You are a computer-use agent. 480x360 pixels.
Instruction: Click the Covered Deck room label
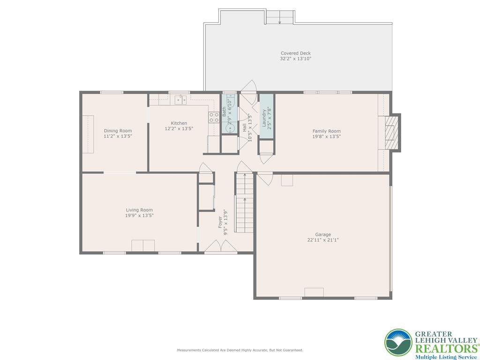[295, 53]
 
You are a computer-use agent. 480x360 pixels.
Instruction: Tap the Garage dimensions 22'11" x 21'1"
[323, 240]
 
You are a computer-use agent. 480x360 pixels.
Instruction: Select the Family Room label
[327, 131]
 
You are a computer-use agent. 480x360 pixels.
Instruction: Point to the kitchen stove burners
[214, 117]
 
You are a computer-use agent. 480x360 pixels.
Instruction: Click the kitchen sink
[180, 99]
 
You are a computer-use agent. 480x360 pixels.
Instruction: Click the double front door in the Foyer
[221, 247]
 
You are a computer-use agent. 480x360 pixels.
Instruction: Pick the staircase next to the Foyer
[244, 202]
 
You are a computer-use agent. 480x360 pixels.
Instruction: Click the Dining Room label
[118, 131]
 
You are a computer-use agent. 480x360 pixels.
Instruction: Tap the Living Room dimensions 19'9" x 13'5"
[139, 216]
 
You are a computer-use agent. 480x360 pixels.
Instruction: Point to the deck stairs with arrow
[280, 17]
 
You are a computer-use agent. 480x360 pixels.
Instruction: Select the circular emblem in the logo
[398, 343]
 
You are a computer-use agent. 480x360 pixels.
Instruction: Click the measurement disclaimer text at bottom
[240, 350]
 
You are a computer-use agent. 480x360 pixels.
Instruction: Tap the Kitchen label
[179, 123]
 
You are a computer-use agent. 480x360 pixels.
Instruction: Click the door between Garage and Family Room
[265, 178]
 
